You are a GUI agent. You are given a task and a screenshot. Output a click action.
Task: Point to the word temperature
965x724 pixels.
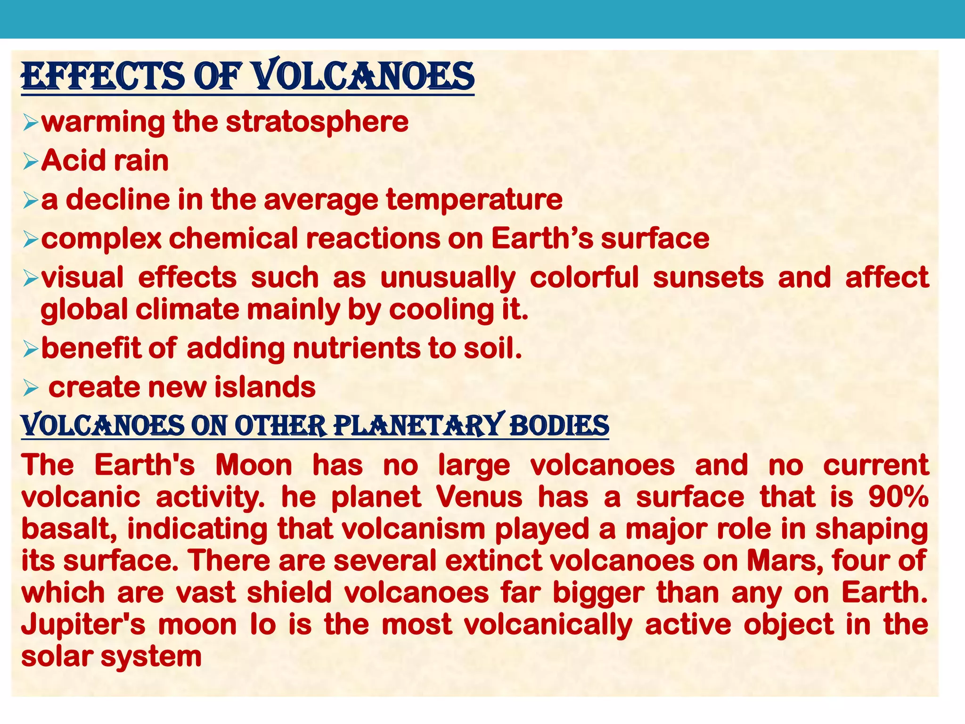(x=474, y=199)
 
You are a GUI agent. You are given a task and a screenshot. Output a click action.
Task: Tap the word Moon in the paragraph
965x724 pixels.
(x=254, y=465)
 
